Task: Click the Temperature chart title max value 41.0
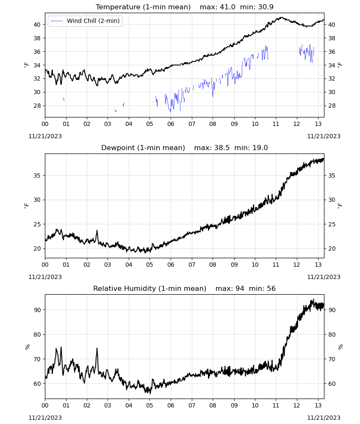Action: click(227, 7)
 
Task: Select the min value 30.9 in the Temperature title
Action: click(266, 7)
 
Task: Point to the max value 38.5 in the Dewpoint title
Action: click(222, 148)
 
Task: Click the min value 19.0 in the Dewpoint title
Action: click(260, 148)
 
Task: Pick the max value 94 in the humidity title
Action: click(240, 288)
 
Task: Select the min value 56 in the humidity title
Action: click(271, 288)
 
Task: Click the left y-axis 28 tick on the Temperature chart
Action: click(37, 106)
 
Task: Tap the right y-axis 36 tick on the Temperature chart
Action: click(332, 52)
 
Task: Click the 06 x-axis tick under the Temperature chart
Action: click(171, 124)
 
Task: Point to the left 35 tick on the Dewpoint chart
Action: click(37, 176)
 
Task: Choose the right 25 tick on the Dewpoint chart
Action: click(332, 224)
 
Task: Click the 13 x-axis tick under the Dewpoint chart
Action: click(318, 265)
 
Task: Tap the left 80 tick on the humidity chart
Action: click(37, 335)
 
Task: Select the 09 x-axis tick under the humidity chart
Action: click(234, 405)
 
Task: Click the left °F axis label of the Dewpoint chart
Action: click(26, 206)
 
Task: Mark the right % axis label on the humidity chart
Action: click(341, 347)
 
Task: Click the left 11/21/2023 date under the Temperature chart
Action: click(45, 136)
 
